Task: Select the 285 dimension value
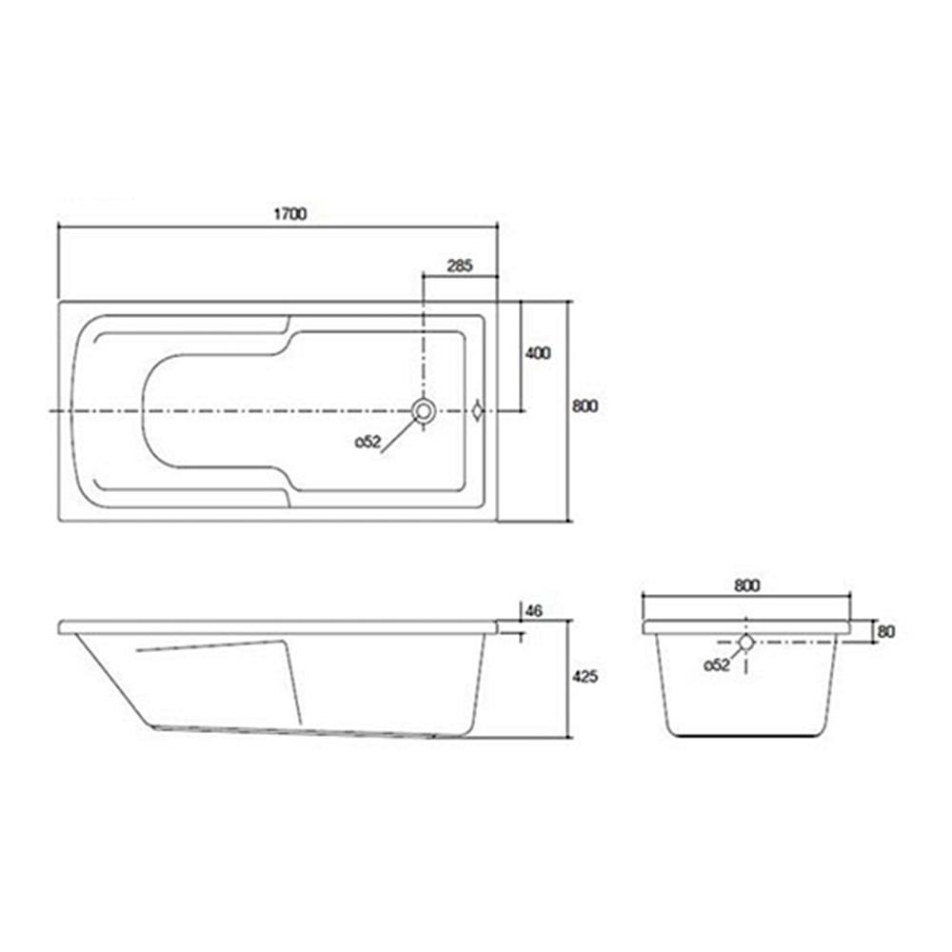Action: click(x=459, y=266)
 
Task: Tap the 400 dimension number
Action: click(x=539, y=353)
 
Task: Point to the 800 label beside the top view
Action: click(x=585, y=406)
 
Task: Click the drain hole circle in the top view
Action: click(x=423, y=411)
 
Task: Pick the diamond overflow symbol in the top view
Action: click(x=478, y=411)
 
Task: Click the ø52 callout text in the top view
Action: click(x=369, y=442)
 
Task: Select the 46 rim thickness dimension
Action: click(x=533, y=611)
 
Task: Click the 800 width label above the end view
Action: click(x=747, y=586)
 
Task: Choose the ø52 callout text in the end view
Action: click(x=716, y=665)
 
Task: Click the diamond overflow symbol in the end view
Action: click(x=745, y=643)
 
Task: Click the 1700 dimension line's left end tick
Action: click(x=59, y=227)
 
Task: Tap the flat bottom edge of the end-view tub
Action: click(x=747, y=736)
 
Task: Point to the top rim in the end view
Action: click(x=747, y=628)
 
